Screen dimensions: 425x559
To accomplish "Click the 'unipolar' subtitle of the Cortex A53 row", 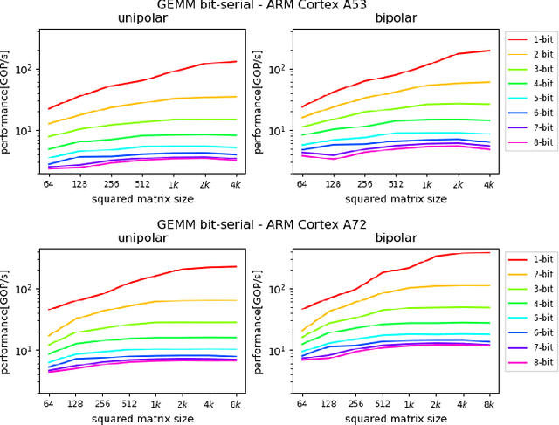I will (141, 18).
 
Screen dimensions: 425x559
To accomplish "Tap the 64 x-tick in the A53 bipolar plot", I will (300, 186).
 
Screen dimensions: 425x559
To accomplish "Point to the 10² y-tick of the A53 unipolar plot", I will (26, 69).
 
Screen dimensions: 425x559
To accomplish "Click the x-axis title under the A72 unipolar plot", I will (139, 419).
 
